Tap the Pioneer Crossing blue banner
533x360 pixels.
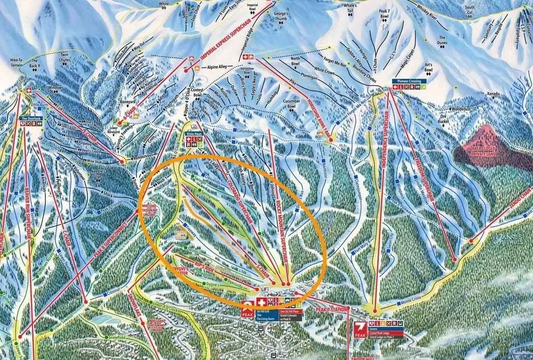click(409, 81)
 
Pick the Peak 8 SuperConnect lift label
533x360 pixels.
click(114, 237)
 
